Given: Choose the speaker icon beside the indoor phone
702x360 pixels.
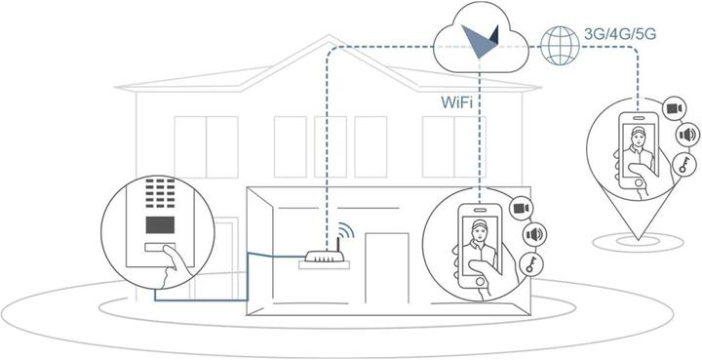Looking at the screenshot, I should (533, 235).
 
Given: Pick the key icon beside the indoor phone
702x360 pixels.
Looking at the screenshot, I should (529, 263).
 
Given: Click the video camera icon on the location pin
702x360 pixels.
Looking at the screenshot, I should (673, 106).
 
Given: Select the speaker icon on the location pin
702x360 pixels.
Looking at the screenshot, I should (686, 135).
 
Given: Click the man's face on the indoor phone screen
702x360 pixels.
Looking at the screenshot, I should (478, 231).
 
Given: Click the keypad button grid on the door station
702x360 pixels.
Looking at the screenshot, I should (158, 195).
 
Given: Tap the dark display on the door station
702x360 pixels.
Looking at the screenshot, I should (158, 224).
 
